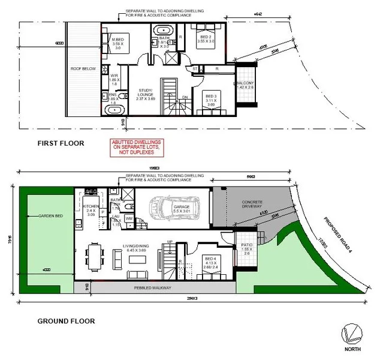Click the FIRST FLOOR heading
coord(60,143)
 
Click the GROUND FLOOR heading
coord(66,321)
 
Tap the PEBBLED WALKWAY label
coord(153,288)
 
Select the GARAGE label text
coord(180,206)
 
